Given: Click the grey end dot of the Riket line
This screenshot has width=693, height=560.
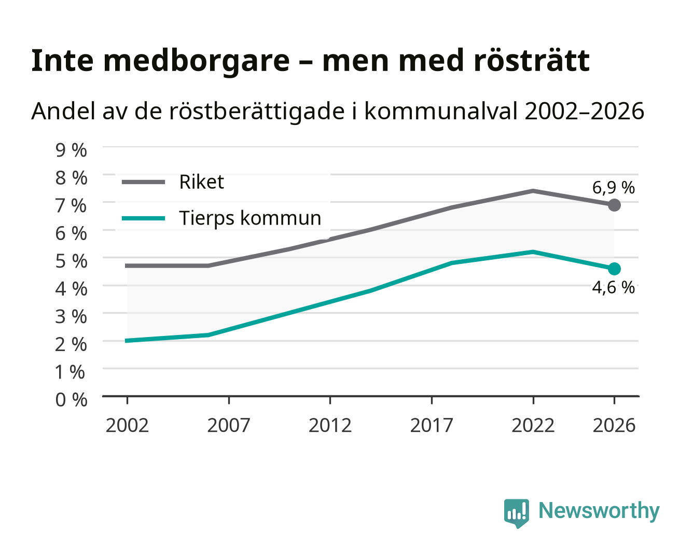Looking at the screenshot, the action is pyautogui.click(x=614, y=205).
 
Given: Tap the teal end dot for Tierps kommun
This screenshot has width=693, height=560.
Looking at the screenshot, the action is pyautogui.click(x=614, y=269).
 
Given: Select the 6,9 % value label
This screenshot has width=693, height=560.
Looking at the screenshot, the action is pyautogui.click(x=613, y=188).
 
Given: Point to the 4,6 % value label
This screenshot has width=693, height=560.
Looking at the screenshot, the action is pyautogui.click(x=613, y=287).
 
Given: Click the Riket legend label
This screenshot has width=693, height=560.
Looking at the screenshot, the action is pyautogui.click(x=201, y=181).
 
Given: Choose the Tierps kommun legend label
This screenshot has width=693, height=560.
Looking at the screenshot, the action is pyautogui.click(x=250, y=218).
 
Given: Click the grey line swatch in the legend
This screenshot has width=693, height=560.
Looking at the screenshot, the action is pyautogui.click(x=144, y=182).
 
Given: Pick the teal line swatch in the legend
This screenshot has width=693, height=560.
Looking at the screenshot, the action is pyautogui.click(x=144, y=218).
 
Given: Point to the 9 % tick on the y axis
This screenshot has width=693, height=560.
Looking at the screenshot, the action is pyautogui.click(x=71, y=150).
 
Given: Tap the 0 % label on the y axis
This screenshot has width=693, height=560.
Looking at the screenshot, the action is pyautogui.click(x=71, y=400).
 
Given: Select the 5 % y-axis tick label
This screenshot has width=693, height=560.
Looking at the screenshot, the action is pyautogui.click(x=71, y=261).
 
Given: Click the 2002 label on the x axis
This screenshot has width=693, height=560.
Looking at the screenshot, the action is pyautogui.click(x=127, y=425).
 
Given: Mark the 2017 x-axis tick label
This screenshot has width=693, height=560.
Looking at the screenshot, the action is pyautogui.click(x=432, y=425).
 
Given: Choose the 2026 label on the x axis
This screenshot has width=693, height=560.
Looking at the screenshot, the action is pyautogui.click(x=614, y=425).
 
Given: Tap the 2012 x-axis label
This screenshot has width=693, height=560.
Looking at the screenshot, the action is pyautogui.click(x=330, y=425).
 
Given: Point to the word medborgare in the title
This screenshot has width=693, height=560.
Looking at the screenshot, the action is pyautogui.click(x=196, y=62).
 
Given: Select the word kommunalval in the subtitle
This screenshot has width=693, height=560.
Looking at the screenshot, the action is pyautogui.click(x=441, y=111).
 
